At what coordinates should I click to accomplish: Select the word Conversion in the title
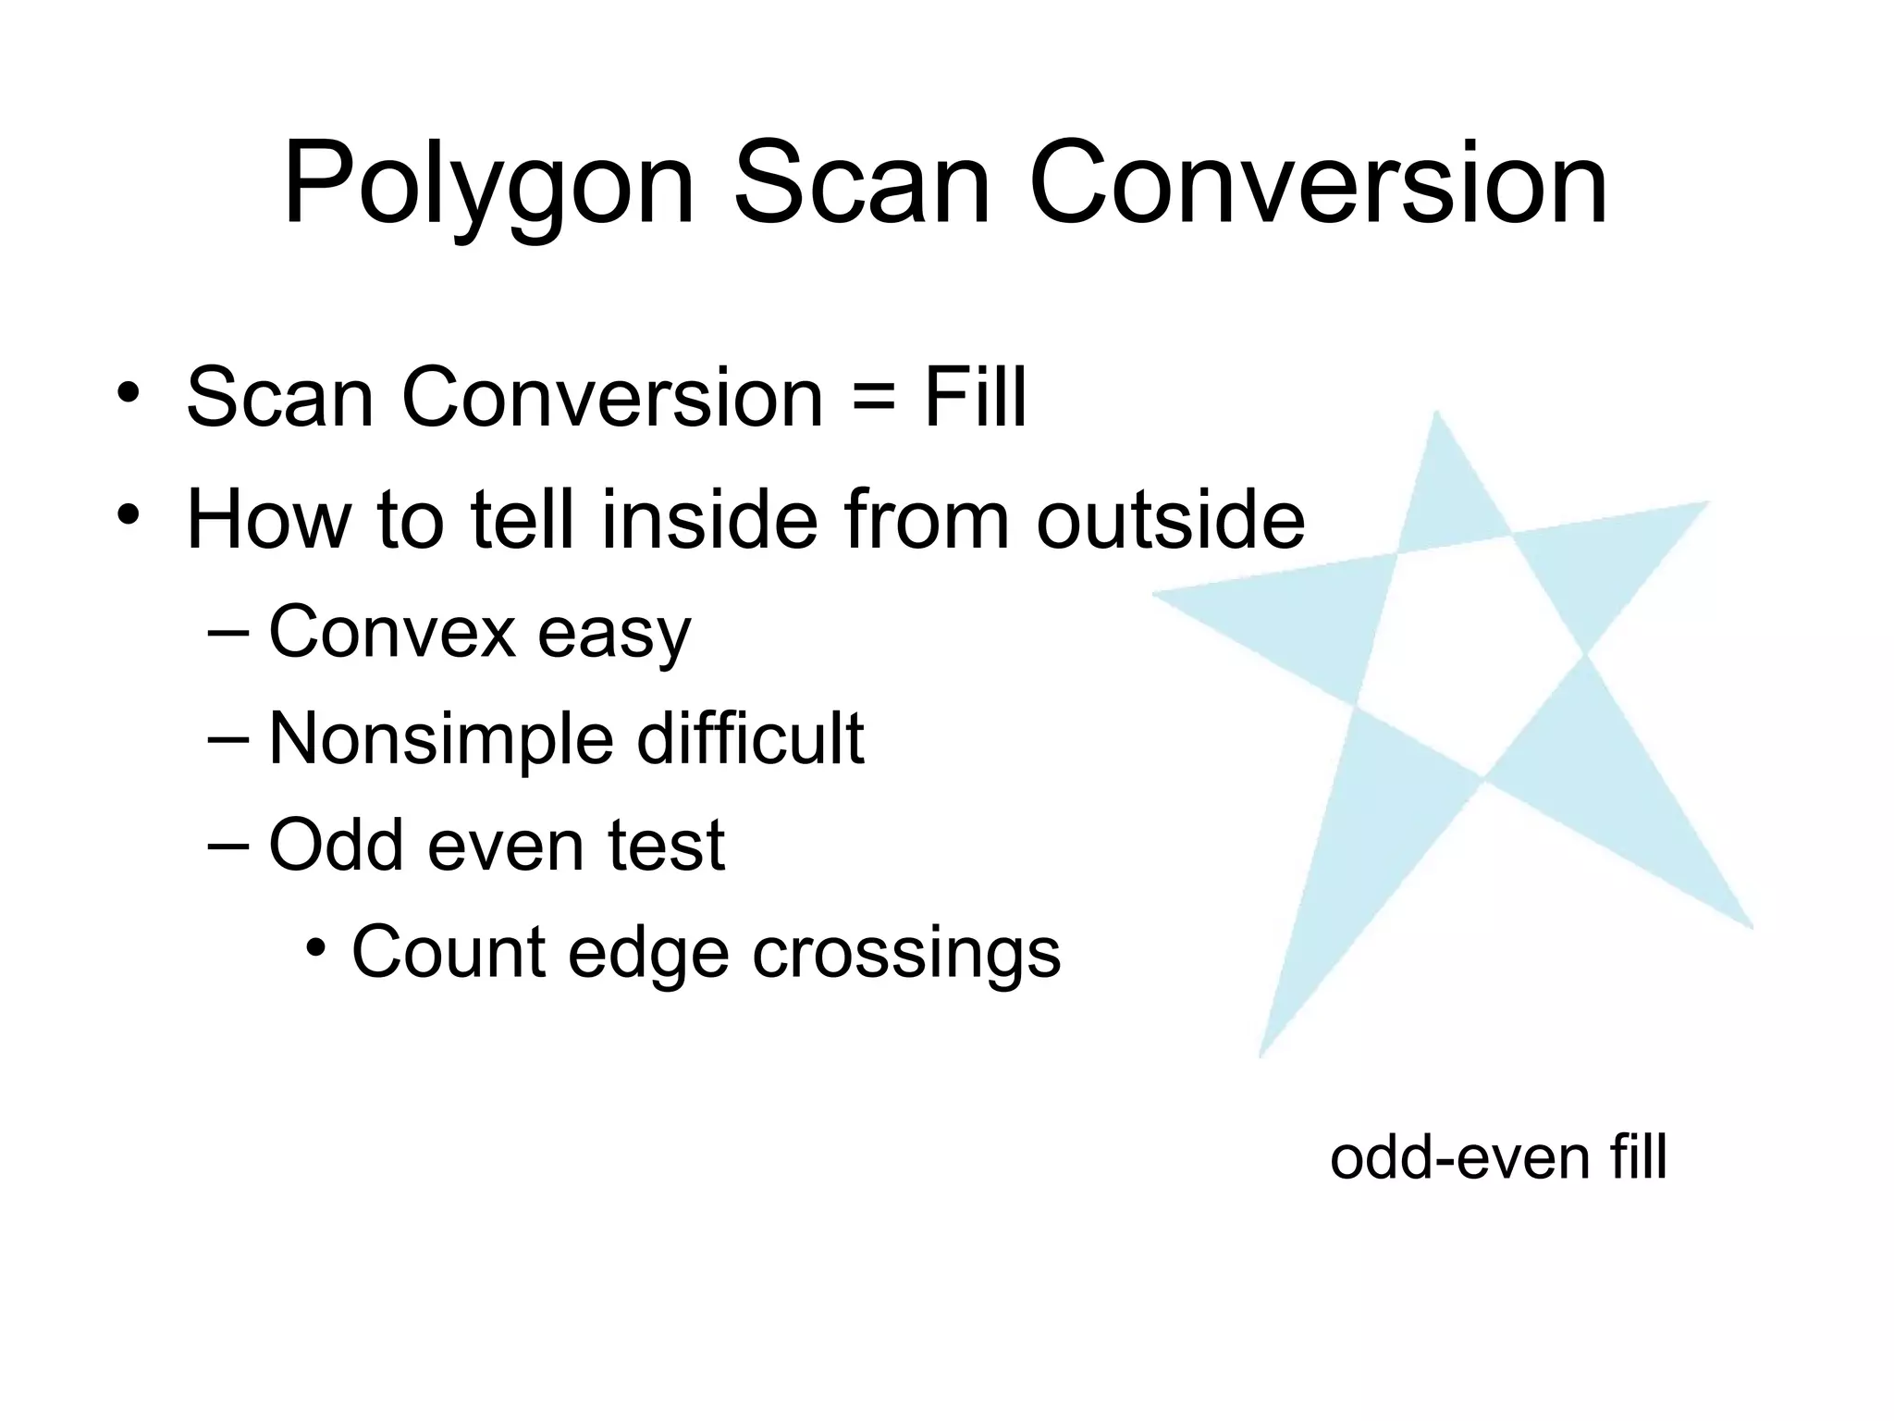coord(1318,185)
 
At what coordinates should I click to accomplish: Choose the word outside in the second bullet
coord(1170,519)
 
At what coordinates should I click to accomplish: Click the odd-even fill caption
coord(1498,1157)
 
